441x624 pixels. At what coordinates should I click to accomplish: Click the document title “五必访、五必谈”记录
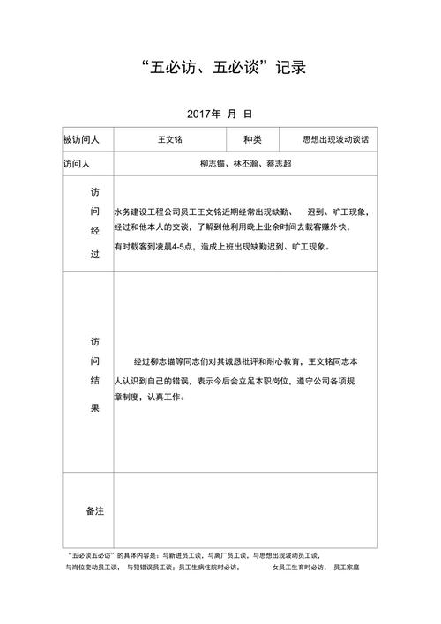coord(220,67)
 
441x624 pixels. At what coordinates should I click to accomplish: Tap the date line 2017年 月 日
coord(220,114)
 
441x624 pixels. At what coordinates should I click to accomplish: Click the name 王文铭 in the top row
coord(169,139)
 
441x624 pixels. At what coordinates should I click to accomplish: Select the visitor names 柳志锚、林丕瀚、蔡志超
coord(246,164)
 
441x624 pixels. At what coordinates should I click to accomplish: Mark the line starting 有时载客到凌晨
coord(222,248)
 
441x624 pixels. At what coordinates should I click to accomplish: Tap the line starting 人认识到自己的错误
coord(234,380)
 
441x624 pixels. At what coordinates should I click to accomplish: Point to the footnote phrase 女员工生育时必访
coord(297,568)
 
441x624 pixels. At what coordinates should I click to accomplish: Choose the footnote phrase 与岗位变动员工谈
coord(94,568)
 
